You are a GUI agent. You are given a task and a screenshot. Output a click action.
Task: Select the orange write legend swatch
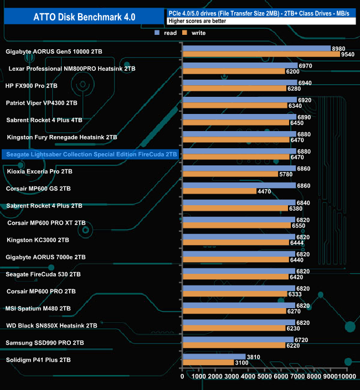187,33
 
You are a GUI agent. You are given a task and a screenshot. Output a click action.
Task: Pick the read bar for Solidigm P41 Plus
214,357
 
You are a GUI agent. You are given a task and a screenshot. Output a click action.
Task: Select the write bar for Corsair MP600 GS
219,192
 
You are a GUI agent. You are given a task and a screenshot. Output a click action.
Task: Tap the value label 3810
254,357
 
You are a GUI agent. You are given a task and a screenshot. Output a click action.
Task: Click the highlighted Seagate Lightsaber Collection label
90,154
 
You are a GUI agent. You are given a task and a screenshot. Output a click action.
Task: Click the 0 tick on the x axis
183,376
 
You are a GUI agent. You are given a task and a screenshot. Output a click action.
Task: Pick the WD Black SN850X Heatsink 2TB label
52,326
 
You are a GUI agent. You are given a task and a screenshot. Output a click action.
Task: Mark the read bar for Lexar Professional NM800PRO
240,66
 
